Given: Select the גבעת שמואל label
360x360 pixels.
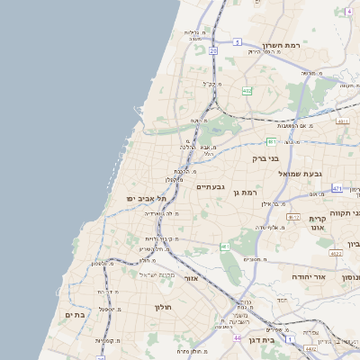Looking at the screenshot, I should tap(300, 173).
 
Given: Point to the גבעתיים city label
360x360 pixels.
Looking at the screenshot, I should tap(210, 186).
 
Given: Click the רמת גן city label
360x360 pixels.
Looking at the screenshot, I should tap(244, 192).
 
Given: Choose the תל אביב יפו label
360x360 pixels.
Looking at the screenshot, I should tap(142, 198).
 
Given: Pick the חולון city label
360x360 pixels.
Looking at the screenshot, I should tap(163, 307).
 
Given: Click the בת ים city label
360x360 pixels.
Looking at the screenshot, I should tap(75, 315).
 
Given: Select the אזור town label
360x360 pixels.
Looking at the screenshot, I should tap(191, 278).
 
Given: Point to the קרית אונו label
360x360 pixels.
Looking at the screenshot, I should tap(317, 223).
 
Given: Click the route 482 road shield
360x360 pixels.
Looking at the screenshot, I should tap(247, 90).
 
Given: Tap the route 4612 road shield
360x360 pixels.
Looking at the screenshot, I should tap(292, 217).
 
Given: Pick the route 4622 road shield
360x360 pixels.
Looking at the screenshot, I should tap(336, 254).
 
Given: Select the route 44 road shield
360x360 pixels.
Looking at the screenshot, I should tap(238, 337).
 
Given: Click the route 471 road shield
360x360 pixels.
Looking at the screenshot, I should tap(337, 188).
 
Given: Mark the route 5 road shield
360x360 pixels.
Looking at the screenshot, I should tap(237, 41).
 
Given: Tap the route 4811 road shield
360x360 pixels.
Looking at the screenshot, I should tap(342, 120).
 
